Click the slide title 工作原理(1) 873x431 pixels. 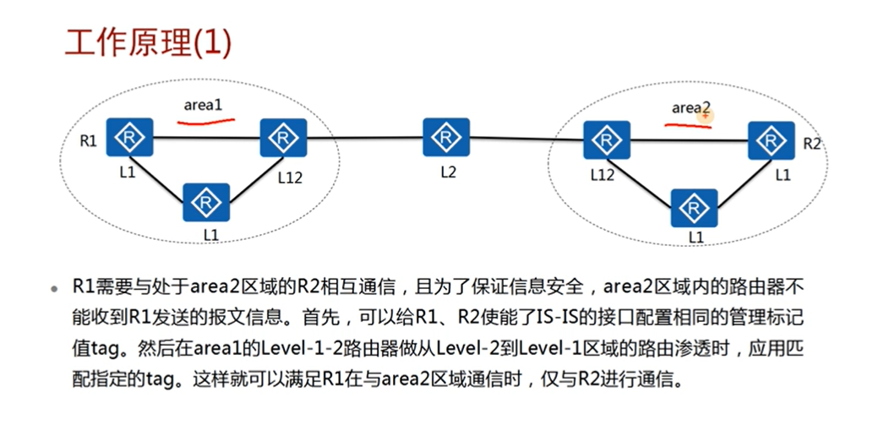coord(148,43)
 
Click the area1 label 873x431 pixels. coord(203,105)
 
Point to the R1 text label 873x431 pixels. coord(88,140)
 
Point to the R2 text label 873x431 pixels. coord(811,144)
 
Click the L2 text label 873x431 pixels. coord(448,172)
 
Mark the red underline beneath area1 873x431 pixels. coord(205,121)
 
